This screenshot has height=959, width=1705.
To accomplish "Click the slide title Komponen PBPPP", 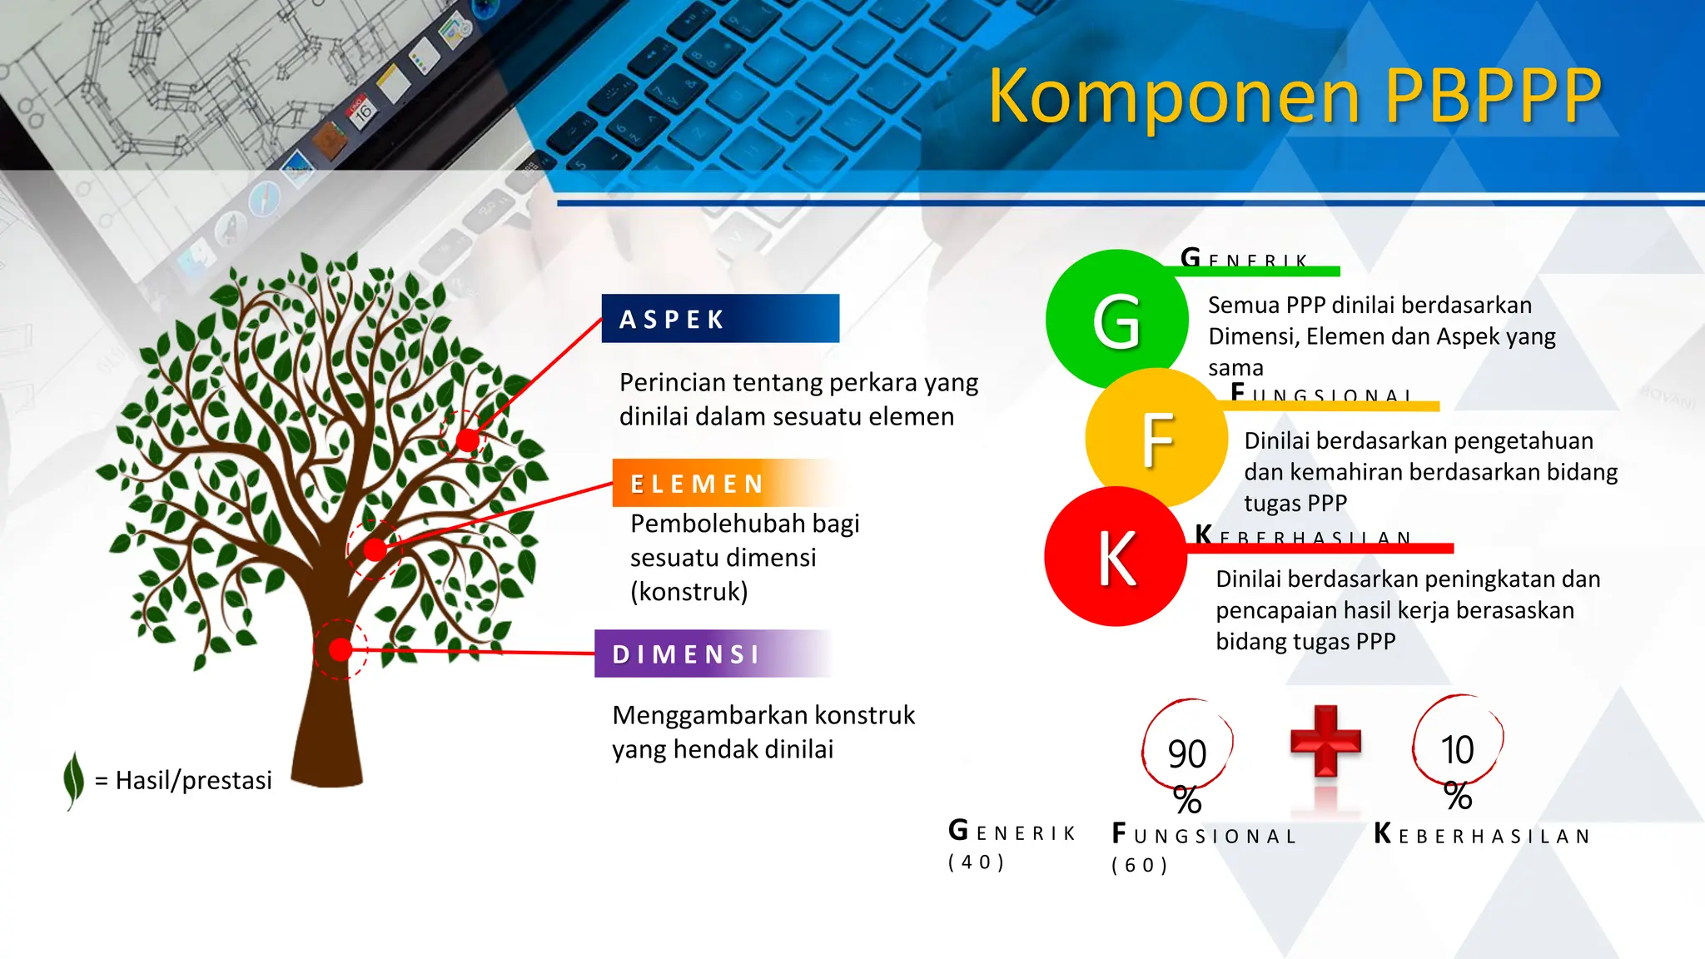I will tap(1295, 96).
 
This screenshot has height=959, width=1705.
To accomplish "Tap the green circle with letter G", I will tap(1116, 320).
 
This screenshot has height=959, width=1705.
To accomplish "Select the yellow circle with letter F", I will tap(1156, 439).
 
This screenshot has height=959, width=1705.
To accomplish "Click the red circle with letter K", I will tap(1116, 557).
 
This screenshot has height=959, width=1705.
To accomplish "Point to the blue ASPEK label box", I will tap(720, 319).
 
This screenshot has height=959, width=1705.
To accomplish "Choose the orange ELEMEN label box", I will tap(724, 483).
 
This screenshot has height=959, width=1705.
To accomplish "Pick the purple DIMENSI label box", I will tap(712, 654).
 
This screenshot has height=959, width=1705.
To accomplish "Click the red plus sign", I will tap(1325, 740).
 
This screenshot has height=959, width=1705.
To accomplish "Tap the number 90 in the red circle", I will tap(1186, 753).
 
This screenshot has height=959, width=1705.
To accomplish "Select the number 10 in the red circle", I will tap(1457, 749).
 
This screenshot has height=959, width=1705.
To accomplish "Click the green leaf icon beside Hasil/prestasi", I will tap(74, 779).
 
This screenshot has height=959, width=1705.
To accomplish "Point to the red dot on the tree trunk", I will tap(340, 649).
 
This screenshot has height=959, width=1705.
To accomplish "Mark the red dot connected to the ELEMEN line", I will tap(375, 549).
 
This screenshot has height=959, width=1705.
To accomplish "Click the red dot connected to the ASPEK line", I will tap(467, 440).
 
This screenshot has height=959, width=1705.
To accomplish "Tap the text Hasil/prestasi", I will tap(193, 780).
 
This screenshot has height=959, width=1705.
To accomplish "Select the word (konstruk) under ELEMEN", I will tap(689, 592).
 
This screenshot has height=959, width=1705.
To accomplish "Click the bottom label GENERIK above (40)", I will tap(1012, 832).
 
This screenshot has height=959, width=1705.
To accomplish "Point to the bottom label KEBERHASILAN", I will tap(1482, 835).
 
